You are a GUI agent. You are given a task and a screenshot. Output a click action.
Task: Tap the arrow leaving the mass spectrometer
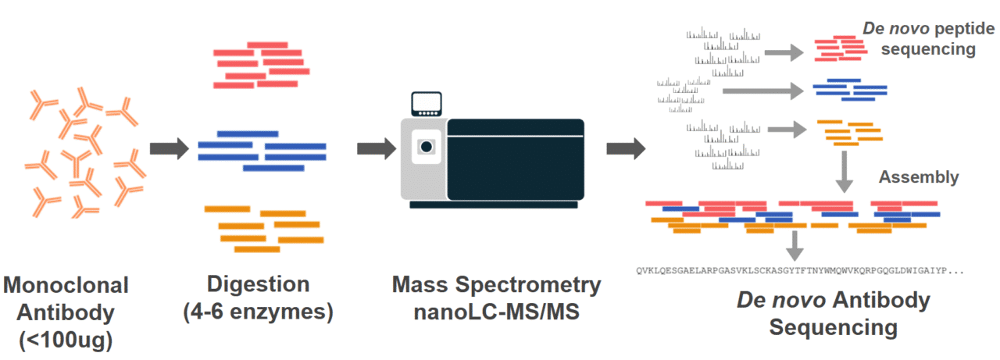pos(625,148)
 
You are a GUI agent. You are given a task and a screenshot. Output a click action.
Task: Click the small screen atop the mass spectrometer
pos(427,103)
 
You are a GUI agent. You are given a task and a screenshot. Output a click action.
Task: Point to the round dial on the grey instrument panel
pos(426,146)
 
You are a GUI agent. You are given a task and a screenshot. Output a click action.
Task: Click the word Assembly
pos(919,177)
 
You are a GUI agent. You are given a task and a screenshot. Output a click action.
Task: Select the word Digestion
pos(259,284)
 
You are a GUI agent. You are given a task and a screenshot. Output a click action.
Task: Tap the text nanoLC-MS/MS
pos(497,312)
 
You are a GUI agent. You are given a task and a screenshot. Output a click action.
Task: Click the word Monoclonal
pos(66,284)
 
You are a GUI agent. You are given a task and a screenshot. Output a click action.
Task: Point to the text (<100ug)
pos(66,340)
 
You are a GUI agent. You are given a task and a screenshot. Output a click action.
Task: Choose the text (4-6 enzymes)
pos(259,312)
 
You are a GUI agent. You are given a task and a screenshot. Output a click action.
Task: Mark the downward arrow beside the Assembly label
pos(845,172)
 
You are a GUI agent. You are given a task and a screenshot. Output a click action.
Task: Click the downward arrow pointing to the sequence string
pos(795,245)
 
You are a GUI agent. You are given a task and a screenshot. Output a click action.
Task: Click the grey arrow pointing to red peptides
pos(784,52)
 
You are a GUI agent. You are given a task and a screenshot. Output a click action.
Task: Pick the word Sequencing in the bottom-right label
pos(833,327)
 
